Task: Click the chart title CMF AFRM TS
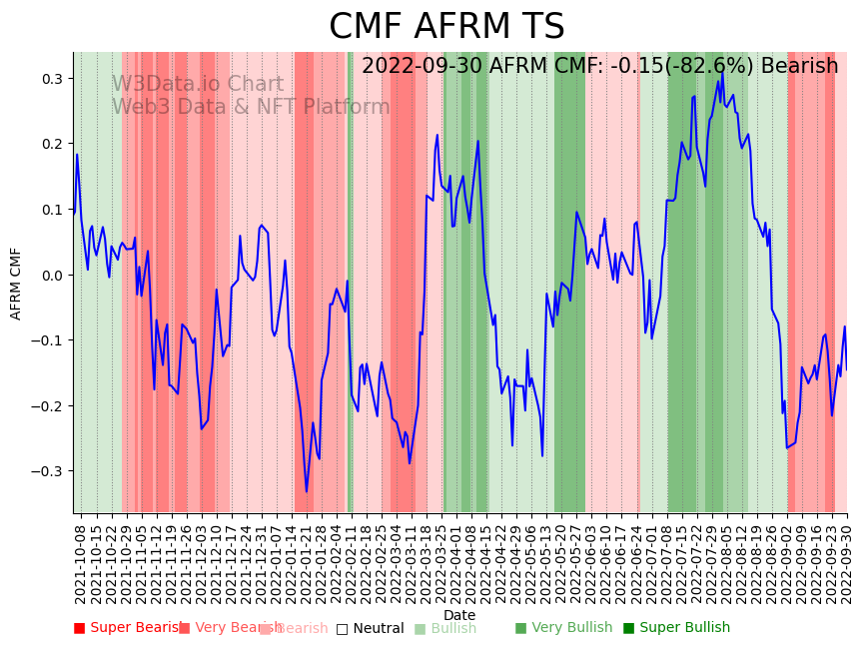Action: click(446, 27)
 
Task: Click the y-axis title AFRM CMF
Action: click(16, 284)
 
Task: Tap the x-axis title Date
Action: click(459, 615)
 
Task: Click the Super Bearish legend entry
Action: click(125, 628)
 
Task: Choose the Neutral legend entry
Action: click(370, 628)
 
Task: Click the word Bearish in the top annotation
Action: click(799, 66)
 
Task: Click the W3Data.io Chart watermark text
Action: click(197, 84)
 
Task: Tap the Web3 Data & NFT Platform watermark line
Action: click(251, 107)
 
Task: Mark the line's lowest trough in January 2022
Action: click(307, 491)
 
